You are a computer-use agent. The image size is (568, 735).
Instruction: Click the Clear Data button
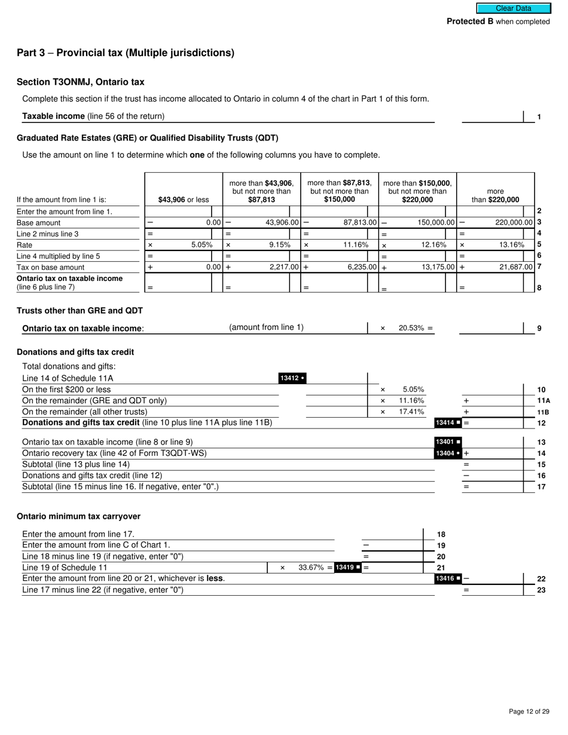[x=513, y=8]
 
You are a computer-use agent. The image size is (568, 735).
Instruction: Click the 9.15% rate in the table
[x=280, y=245]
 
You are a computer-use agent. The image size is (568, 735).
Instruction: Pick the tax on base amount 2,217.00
[x=281, y=267]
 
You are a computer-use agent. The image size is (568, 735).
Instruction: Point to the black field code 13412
[x=292, y=378]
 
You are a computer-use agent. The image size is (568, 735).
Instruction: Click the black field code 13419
[x=348, y=568]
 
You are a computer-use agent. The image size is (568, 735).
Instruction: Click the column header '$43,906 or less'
[x=183, y=200]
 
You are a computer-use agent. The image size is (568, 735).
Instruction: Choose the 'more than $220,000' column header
[x=496, y=195]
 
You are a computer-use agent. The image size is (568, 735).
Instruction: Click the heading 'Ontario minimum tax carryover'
[x=78, y=516]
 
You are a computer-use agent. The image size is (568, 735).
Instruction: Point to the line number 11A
[x=543, y=401]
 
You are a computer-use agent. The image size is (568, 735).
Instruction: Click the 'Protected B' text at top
[x=470, y=22]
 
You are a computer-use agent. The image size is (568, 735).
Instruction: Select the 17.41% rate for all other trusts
[x=411, y=412]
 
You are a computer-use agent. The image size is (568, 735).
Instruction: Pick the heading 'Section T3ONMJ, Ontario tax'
[x=80, y=82]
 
